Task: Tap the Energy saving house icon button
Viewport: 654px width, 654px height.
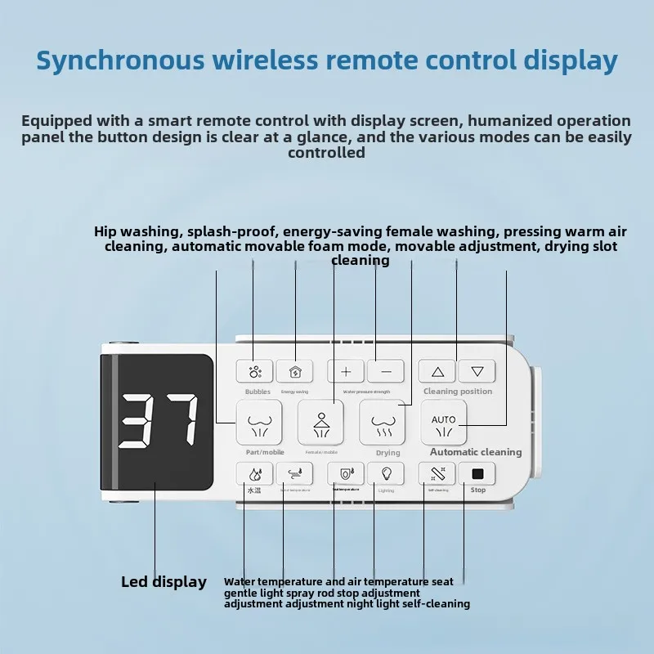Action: pyautogui.click(x=294, y=371)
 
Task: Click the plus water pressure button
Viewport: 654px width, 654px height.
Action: pyautogui.click(x=346, y=371)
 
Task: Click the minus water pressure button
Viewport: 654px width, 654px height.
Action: pyautogui.click(x=386, y=371)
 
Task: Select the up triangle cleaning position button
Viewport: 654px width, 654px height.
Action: pyautogui.click(x=437, y=371)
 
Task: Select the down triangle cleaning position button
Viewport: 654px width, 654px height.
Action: pyautogui.click(x=477, y=371)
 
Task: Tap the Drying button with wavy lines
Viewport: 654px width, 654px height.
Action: pyautogui.click(x=383, y=423)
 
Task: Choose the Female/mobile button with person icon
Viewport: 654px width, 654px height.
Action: pyautogui.click(x=320, y=422)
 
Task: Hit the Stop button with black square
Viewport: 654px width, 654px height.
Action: pyautogui.click(x=477, y=473)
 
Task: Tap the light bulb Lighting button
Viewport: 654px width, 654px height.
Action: pyautogui.click(x=386, y=473)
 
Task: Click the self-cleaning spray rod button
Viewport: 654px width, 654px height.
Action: pyautogui.click(x=437, y=473)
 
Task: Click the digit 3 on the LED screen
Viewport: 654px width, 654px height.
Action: pyautogui.click(x=140, y=421)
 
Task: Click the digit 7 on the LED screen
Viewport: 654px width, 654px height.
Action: pyautogui.click(x=178, y=421)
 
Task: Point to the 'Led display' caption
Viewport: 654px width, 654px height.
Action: pyautogui.click(x=163, y=582)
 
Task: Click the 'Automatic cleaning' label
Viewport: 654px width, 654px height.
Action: pyautogui.click(x=476, y=452)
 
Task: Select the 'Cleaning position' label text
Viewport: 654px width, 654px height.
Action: pyautogui.click(x=458, y=392)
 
